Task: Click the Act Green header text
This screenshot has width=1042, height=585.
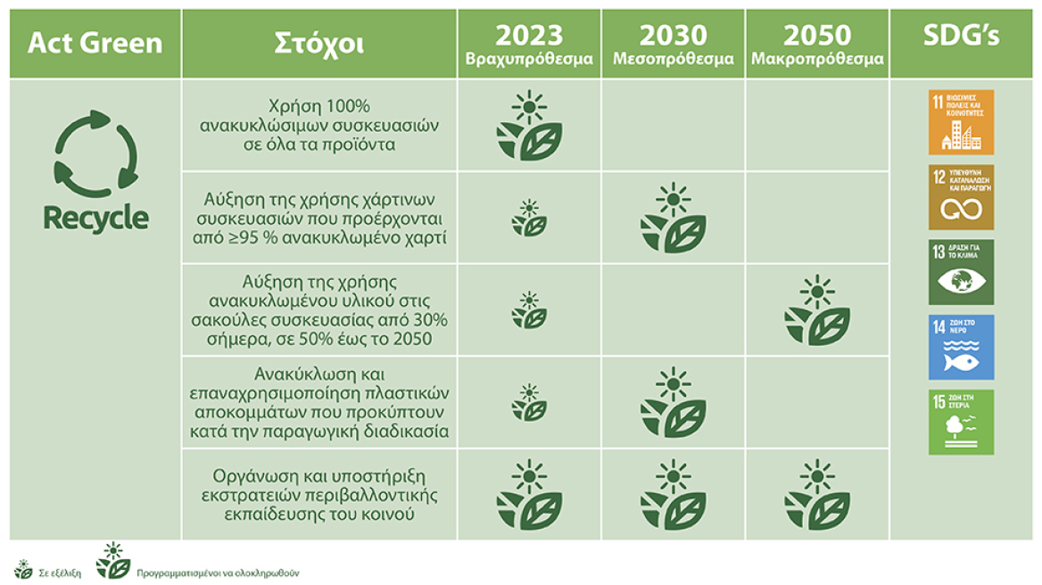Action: pos(95,42)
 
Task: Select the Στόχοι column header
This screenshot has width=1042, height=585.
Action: pos(318,43)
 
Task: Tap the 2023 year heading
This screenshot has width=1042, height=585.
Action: pos(529,35)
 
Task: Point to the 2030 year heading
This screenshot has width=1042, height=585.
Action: pos(674,35)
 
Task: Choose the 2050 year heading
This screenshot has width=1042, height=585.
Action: pos(817,35)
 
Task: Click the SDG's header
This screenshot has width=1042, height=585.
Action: pos(961,37)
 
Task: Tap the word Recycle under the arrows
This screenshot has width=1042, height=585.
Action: pos(95,218)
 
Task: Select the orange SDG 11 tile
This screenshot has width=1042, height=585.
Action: pos(961,122)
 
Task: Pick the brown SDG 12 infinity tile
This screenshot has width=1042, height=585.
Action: pos(961,197)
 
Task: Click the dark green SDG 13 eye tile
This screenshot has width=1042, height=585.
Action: pos(961,272)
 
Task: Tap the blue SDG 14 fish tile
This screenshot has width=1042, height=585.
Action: pos(961,347)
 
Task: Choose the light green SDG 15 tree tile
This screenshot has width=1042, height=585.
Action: pos(961,422)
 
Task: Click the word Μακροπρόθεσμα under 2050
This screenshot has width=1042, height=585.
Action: pos(817,60)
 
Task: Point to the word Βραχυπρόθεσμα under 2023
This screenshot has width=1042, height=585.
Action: pos(529,60)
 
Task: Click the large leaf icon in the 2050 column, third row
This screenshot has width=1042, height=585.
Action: pos(817,311)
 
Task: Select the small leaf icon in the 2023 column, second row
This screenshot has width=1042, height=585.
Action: pos(529,218)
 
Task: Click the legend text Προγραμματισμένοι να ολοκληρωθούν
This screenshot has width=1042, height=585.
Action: pos(218,573)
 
